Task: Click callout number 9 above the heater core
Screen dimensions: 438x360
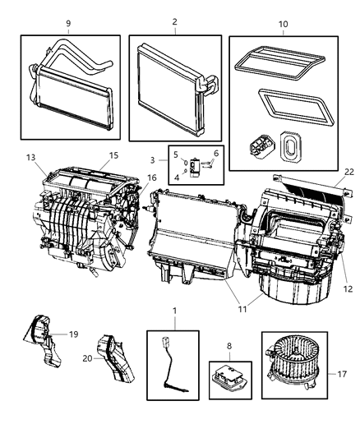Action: coord(67,22)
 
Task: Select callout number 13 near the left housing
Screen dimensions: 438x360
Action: coord(30,157)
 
